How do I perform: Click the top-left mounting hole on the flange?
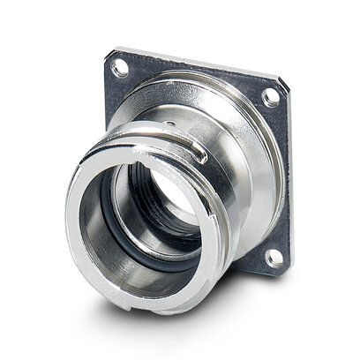click(120, 67)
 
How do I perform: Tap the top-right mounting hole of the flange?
click(270, 97)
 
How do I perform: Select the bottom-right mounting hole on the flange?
click(274, 257)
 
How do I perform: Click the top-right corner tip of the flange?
click(288, 85)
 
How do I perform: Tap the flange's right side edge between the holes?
click(284, 176)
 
